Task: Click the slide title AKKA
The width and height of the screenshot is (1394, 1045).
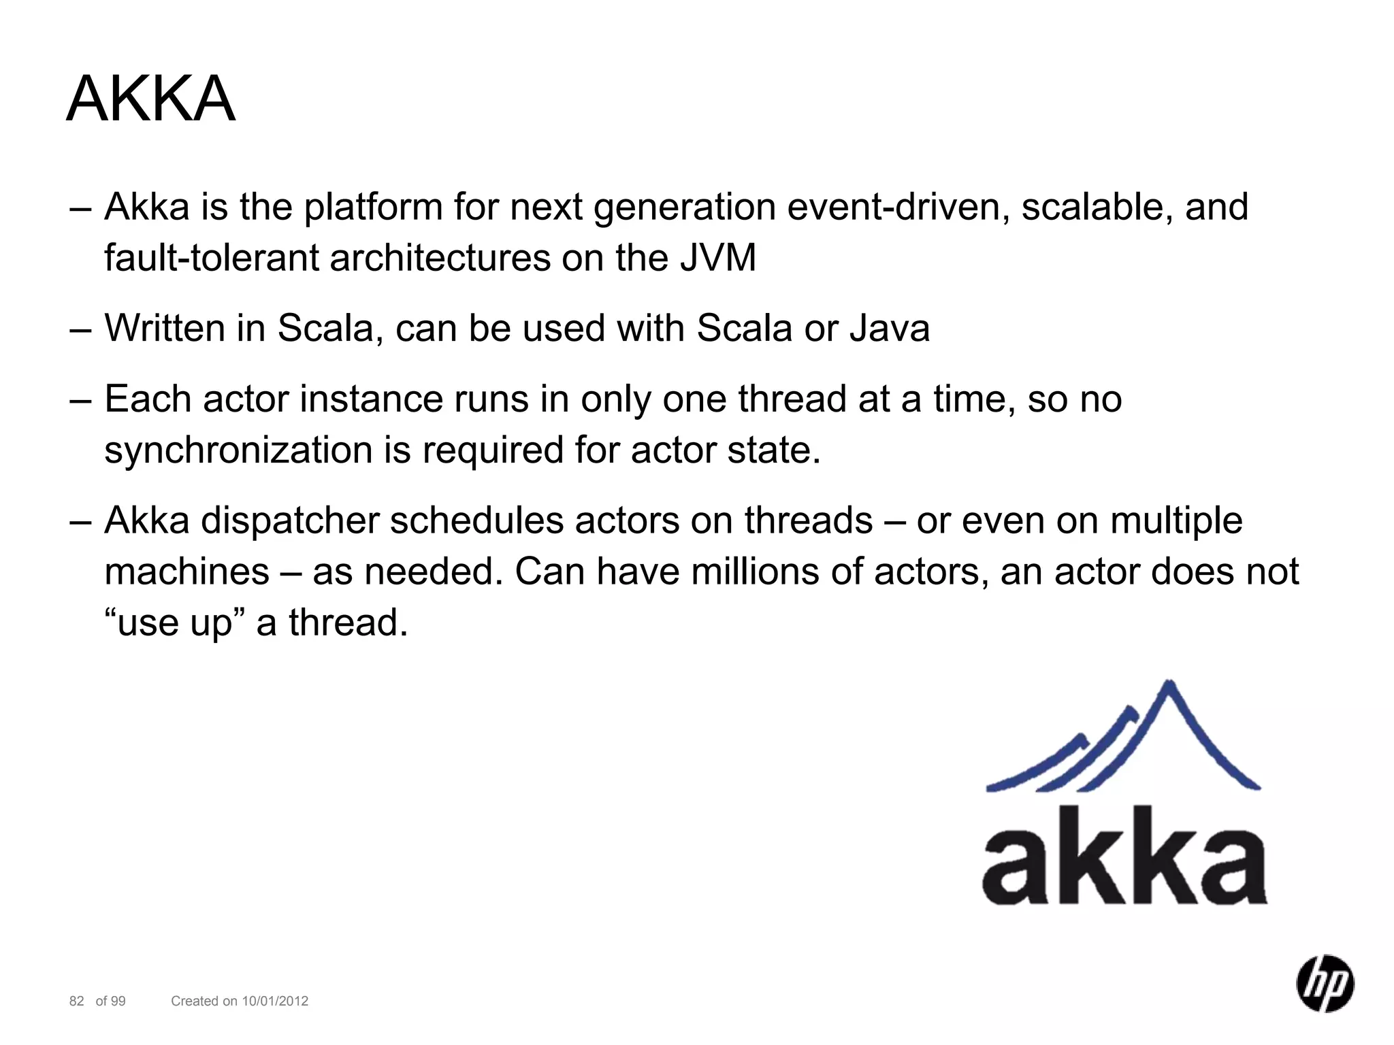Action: click(x=150, y=99)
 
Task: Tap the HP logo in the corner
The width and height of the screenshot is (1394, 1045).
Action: click(x=1325, y=983)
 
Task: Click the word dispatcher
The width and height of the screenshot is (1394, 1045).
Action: click(x=289, y=521)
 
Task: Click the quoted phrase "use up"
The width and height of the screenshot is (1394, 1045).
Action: click(x=175, y=623)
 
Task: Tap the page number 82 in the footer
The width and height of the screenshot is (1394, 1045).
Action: click(x=77, y=1001)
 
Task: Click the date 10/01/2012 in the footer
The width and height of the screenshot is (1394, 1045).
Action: click(x=275, y=1001)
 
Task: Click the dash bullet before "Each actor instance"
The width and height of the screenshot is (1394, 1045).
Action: click(x=80, y=401)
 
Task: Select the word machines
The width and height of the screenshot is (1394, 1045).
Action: click(x=187, y=572)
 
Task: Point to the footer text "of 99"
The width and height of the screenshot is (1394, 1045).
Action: click(x=110, y=1001)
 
